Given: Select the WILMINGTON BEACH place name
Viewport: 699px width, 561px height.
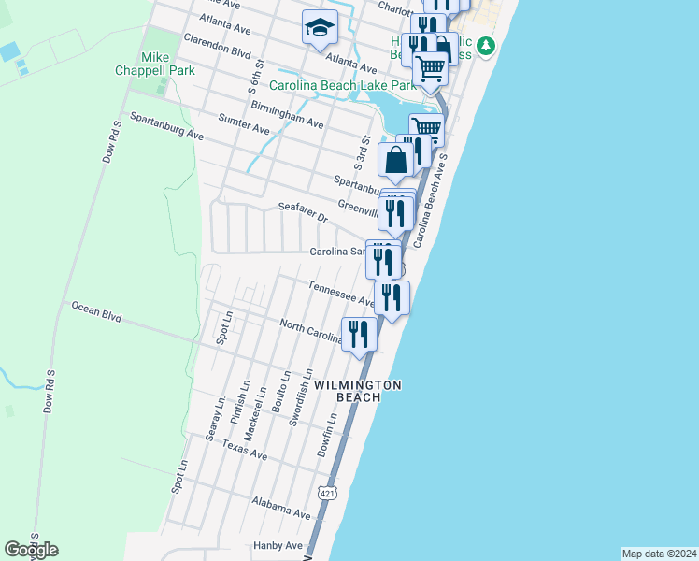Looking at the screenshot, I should pyautogui.click(x=358, y=391).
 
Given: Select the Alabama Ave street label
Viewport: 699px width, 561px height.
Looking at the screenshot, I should pyautogui.click(x=281, y=508).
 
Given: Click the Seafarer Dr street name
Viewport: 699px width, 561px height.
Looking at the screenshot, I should pyautogui.click(x=303, y=211).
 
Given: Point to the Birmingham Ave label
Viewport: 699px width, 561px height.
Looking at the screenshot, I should pyautogui.click(x=287, y=115).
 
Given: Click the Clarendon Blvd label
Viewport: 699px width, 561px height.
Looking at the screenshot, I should pyautogui.click(x=218, y=46).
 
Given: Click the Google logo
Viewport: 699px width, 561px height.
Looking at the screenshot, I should pyautogui.click(x=31, y=550).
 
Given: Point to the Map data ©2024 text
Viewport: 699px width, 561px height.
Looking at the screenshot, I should pyautogui.click(x=660, y=553).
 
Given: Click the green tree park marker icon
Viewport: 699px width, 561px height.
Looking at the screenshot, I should pyautogui.click(x=485, y=45).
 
